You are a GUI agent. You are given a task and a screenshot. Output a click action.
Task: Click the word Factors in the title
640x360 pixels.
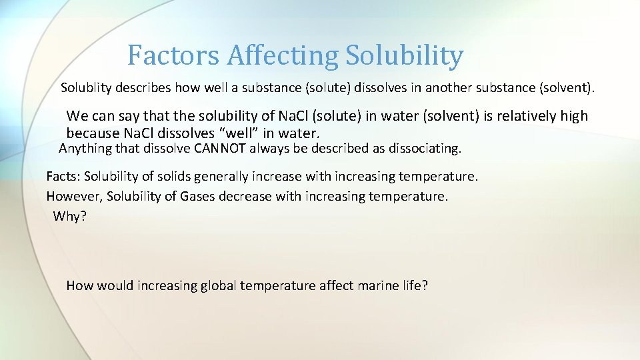pyautogui.click(x=173, y=55)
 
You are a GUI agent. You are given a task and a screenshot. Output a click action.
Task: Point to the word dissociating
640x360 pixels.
pyautogui.click(x=423, y=149)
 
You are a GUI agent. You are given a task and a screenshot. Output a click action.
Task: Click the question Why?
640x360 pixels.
pyautogui.click(x=70, y=216)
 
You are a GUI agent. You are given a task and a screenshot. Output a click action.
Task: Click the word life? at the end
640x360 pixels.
pyautogui.click(x=413, y=286)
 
